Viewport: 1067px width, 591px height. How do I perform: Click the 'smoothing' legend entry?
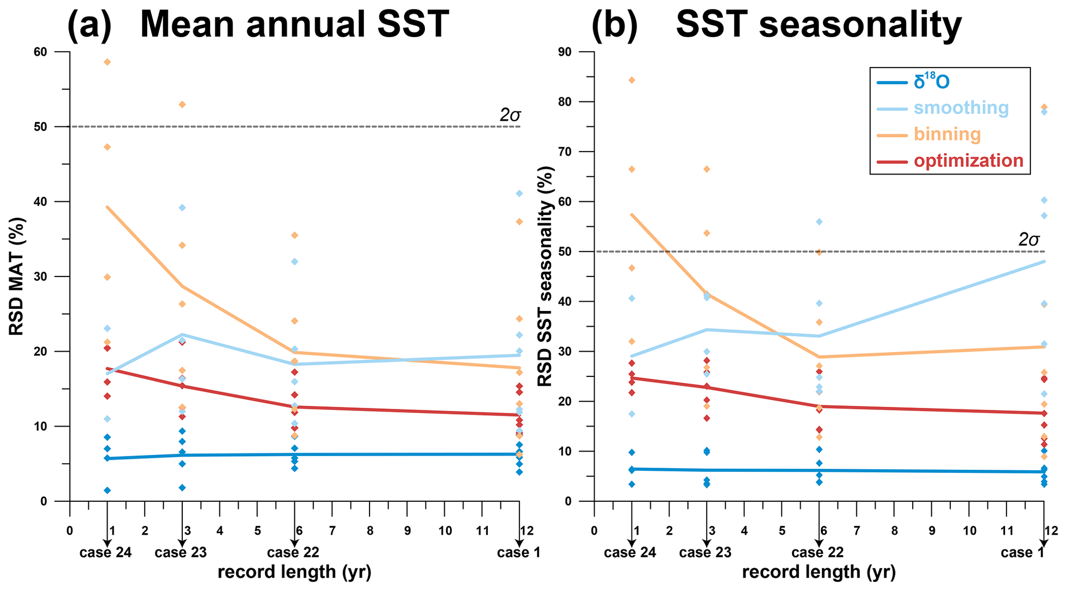coord(961,108)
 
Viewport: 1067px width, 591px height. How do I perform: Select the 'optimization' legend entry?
coord(968,161)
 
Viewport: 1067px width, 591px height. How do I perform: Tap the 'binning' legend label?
coord(947,135)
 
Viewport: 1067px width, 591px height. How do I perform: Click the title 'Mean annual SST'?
coord(294,24)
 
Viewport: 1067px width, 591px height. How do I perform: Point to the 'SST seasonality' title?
coord(819,24)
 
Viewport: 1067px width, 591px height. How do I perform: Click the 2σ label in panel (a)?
coord(510,116)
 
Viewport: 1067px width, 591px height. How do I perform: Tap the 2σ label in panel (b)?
coord(1029,240)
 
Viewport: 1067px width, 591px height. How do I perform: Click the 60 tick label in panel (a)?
coord(55,52)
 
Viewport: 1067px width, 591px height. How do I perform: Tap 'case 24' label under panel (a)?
coord(105,553)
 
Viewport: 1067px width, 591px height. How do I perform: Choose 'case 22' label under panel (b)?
coord(817,553)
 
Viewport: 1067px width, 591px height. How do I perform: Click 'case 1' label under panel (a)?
coord(518,553)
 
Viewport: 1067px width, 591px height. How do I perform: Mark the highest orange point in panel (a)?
coord(107,62)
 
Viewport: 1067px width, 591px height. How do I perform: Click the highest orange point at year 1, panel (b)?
coord(632,80)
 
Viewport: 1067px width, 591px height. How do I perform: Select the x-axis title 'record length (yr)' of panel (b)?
coord(819,572)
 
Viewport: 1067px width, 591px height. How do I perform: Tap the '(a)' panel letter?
coord(89,24)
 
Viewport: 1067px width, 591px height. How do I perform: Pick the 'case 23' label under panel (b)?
coord(705,553)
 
